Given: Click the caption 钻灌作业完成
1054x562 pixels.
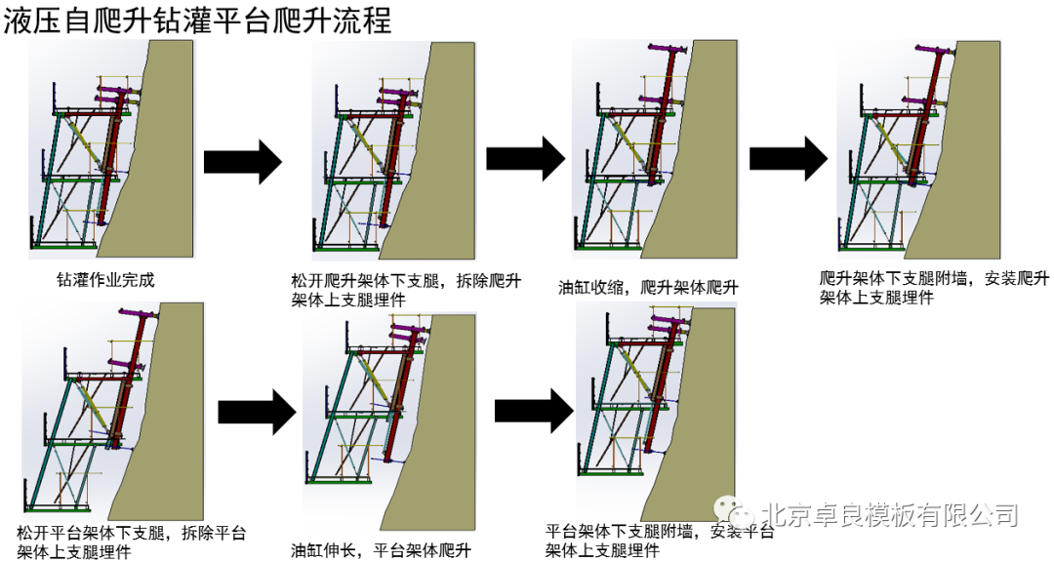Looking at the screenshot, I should tap(105, 280).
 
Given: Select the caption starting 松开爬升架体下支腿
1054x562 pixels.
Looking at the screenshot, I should tap(406, 291).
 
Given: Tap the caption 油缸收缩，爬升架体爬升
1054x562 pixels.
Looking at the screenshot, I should tap(648, 288).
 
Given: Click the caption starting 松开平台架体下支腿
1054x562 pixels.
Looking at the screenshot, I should tap(131, 542).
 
